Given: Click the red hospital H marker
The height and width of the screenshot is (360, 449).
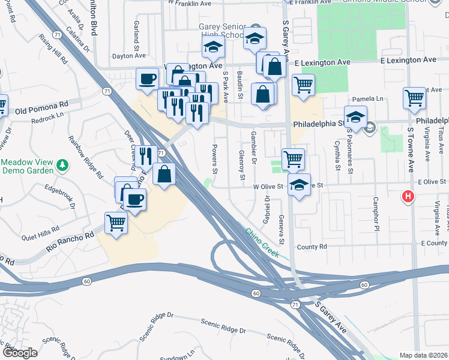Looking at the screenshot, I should (408, 196).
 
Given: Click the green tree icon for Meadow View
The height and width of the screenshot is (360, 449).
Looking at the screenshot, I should (61, 164).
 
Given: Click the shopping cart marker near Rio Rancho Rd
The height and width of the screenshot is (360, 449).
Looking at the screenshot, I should (116, 223).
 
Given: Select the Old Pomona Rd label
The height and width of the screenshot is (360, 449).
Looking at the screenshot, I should (42, 111).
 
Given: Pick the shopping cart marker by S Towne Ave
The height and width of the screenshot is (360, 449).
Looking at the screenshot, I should (415, 98).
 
